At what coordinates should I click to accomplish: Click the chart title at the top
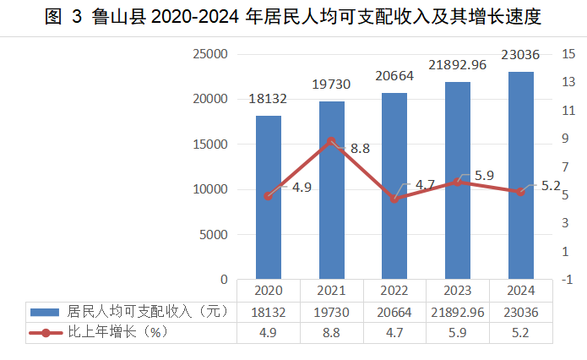point(293,16)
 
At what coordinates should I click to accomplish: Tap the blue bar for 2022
point(394,185)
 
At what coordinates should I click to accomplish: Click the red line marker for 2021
point(332,141)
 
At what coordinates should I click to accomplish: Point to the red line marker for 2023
point(458,182)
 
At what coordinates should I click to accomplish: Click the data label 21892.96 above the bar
point(458,64)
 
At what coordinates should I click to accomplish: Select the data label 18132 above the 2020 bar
point(269,99)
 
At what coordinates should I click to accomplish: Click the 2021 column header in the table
point(332,291)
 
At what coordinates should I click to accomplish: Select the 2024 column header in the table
point(521,291)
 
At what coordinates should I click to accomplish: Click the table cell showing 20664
point(394,312)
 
